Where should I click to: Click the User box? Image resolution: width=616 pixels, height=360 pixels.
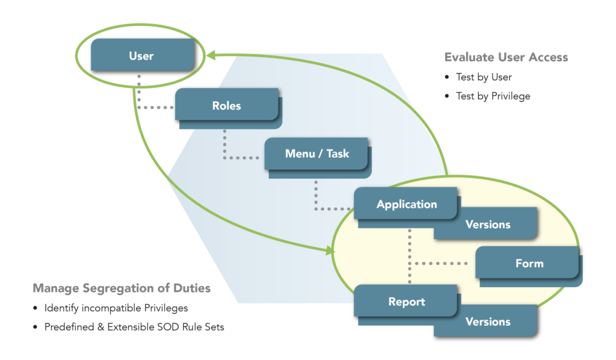(141, 56)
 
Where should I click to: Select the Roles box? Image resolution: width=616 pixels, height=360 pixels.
(226, 105)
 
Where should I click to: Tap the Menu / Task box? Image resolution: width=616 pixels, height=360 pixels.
(316, 154)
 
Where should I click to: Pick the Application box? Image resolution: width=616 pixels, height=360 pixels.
(407, 204)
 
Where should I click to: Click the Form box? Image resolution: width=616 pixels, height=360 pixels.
(529, 263)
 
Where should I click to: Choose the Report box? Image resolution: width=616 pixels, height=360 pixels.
(407, 302)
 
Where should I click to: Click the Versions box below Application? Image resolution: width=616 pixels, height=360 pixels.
(488, 224)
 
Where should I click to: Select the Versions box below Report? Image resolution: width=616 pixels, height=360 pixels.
(488, 321)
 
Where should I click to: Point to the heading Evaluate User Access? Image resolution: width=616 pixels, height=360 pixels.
(506, 58)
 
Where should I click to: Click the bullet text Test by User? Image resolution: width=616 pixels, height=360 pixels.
(484, 77)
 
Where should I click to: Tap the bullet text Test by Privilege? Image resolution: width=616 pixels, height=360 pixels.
(493, 96)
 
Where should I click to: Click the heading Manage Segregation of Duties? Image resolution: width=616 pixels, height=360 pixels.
(122, 288)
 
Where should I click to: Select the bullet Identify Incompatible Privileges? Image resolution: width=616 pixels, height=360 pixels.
(116, 308)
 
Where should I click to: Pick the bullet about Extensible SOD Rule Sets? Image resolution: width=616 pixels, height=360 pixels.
(134, 327)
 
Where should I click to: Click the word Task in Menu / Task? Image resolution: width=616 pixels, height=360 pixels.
(337, 154)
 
